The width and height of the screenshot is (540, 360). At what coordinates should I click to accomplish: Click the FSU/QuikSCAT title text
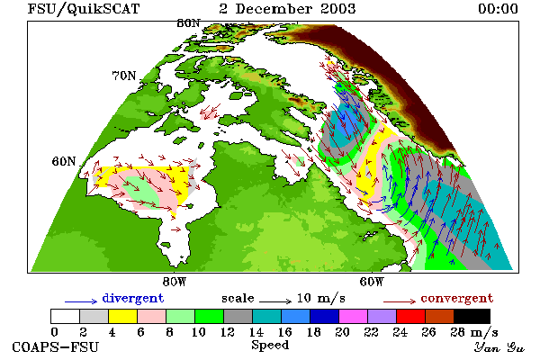[84, 9]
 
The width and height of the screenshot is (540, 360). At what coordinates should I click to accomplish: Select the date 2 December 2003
[288, 9]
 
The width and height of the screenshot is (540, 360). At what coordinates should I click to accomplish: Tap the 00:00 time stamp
[498, 9]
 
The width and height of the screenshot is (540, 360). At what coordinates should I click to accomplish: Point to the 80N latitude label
[188, 23]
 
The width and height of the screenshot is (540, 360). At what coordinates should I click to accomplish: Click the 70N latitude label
[124, 76]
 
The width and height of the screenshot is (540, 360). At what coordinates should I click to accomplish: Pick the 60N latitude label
[64, 161]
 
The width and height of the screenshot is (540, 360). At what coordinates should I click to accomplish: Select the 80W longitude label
[175, 282]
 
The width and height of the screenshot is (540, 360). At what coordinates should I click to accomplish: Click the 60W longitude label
[372, 282]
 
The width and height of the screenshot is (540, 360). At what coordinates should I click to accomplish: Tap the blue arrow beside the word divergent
[81, 301]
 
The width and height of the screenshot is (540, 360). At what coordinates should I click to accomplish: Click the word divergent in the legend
[133, 298]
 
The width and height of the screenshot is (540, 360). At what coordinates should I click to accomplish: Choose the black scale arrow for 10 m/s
[275, 301]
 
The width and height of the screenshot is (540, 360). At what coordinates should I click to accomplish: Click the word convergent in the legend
[456, 298]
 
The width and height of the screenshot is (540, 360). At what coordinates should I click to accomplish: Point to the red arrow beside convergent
[400, 301]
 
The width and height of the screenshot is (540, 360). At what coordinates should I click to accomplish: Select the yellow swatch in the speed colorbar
[123, 316]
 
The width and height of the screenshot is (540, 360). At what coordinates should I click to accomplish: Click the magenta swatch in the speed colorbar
[354, 316]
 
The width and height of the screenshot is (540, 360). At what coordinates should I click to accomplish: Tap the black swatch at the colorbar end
[472, 316]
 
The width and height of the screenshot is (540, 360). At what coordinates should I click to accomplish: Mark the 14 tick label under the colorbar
[256, 332]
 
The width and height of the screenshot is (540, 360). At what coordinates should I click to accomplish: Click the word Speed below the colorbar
[270, 346]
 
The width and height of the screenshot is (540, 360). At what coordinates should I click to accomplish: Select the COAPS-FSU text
[56, 346]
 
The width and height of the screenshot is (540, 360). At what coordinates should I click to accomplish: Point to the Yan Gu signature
[499, 347]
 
